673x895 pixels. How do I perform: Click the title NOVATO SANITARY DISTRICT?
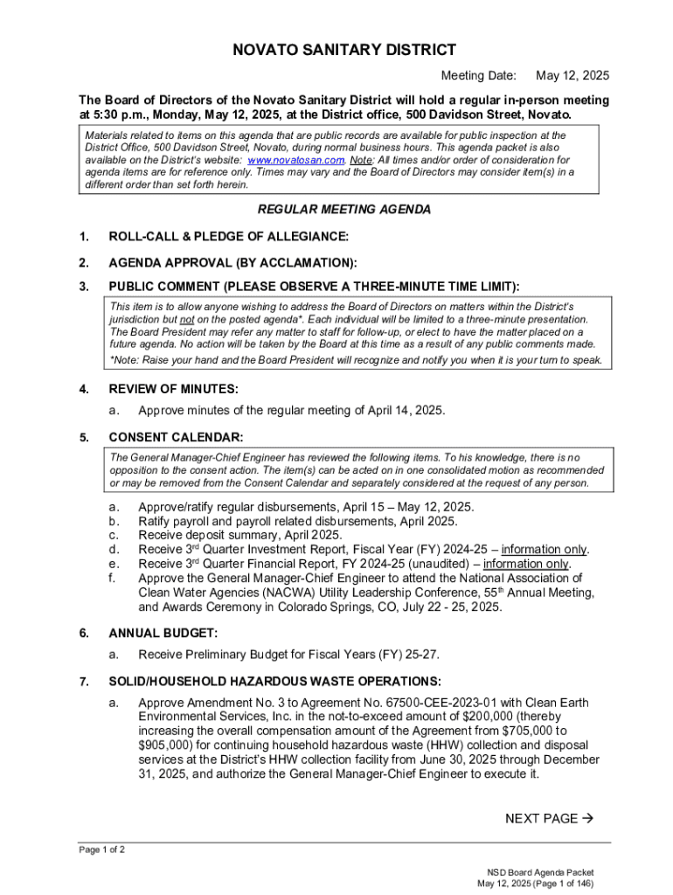pyautogui.click(x=343, y=51)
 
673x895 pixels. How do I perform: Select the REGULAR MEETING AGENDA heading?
pyautogui.click(x=343, y=210)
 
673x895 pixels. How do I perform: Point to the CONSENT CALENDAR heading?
pyautogui.click(x=176, y=437)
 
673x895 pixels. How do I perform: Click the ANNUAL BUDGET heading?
pyautogui.click(x=163, y=633)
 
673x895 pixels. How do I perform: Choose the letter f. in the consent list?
pyautogui.click(x=112, y=578)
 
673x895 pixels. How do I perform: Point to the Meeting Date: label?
pyautogui.click(x=478, y=76)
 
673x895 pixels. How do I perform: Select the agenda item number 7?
pyautogui.click(x=83, y=681)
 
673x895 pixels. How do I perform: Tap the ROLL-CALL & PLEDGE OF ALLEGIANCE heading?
pyautogui.click(x=228, y=237)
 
